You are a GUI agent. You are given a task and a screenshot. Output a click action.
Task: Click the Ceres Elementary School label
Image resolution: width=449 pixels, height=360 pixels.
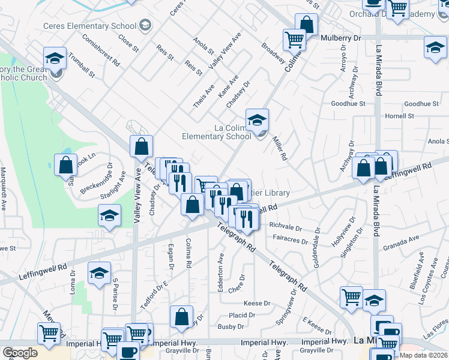tap(89, 26)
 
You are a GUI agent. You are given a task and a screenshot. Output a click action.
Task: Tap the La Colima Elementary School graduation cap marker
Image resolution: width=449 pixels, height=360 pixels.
tap(257, 121)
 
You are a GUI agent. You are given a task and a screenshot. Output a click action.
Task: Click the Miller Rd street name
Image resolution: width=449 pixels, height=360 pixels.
tap(280, 148)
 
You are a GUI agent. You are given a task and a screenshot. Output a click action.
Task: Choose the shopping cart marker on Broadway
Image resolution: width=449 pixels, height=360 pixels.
tap(295, 40)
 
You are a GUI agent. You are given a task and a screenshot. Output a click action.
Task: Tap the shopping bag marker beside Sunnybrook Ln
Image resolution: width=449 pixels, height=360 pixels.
tap(66, 165)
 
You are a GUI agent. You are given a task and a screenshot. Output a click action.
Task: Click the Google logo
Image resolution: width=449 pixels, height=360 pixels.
tap(20, 353)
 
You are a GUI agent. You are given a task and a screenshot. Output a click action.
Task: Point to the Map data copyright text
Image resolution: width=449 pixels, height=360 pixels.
tap(424, 355)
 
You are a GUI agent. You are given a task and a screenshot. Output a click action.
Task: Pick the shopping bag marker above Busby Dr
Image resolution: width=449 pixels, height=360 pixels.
tap(181, 318)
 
